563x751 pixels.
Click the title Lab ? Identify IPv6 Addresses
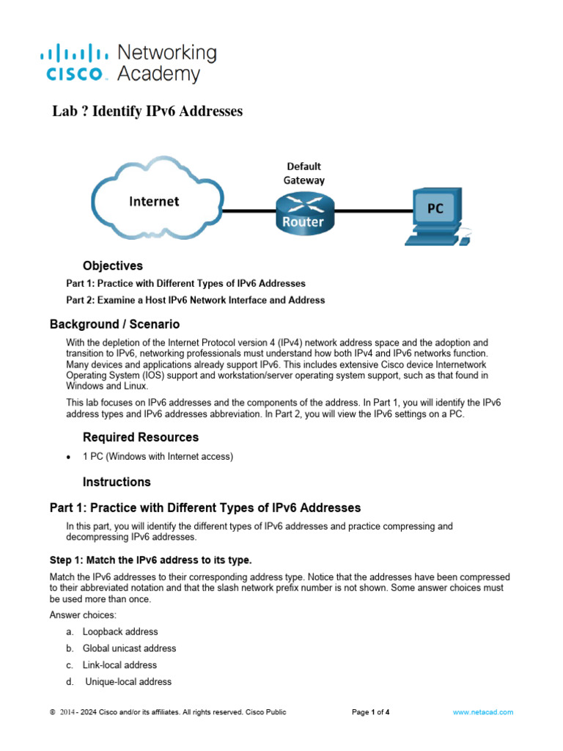pos(147,111)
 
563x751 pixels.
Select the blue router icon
pos(303,210)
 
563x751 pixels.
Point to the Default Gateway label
pos(303,172)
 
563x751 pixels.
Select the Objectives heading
pos(113,265)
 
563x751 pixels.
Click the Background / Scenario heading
pos(114,323)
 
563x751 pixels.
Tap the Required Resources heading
pos(141,437)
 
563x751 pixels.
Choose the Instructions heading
pos(117,482)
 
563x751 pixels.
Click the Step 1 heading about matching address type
pos(150,560)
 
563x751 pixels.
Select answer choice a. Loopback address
pos(119,631)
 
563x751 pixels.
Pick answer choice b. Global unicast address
pos(129,648)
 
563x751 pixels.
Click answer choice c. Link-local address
pos(119,665)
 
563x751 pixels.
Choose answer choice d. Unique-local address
pos(128,682)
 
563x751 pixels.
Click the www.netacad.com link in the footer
pos(482,712)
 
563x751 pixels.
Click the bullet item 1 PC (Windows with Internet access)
pos(158,457)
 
